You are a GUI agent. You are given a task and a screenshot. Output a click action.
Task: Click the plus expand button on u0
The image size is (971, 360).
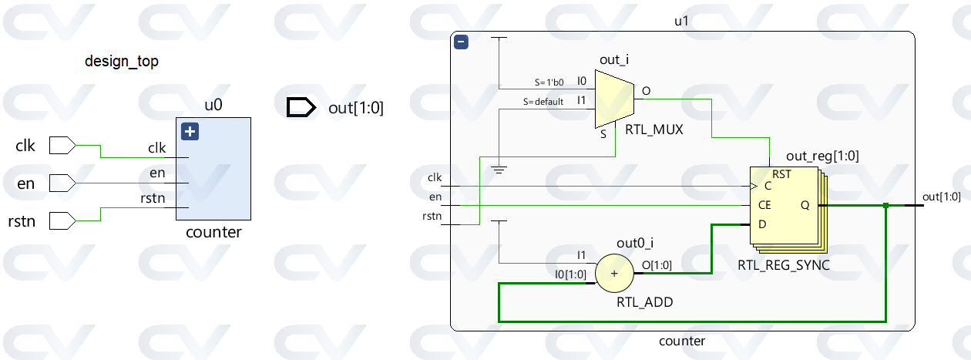point(190,132)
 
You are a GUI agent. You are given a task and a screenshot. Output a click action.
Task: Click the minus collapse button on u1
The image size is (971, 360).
point(462,42)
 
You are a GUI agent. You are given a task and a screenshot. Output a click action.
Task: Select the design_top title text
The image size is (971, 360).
point(122,62)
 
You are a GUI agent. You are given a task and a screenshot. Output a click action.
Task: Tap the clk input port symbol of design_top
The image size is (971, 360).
point(62,145)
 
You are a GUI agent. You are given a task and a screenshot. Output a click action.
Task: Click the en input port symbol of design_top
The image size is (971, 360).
point(62,183)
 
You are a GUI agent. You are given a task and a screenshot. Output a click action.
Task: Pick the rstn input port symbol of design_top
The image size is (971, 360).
point(62,221)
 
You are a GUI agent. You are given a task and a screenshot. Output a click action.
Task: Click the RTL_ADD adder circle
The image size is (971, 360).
point(614,274)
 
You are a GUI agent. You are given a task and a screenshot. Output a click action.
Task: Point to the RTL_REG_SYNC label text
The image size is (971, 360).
point(784,266)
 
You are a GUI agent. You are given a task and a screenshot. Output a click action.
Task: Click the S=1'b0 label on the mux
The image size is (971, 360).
point(549,81)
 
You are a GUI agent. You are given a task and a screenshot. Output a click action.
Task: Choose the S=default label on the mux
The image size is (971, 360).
point(544,101)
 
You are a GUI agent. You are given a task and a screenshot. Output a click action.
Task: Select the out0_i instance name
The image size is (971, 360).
point(636,244)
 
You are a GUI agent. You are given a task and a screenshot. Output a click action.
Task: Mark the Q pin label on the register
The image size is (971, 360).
point(805,206)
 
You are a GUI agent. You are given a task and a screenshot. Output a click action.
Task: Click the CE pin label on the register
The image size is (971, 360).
point(764,206)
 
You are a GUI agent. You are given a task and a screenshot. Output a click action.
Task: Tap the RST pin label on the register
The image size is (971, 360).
point(781,175)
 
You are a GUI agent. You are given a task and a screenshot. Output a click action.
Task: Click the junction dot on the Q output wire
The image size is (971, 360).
point(886,205)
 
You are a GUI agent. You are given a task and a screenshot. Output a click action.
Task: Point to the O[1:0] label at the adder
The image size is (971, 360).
point(657,266)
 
